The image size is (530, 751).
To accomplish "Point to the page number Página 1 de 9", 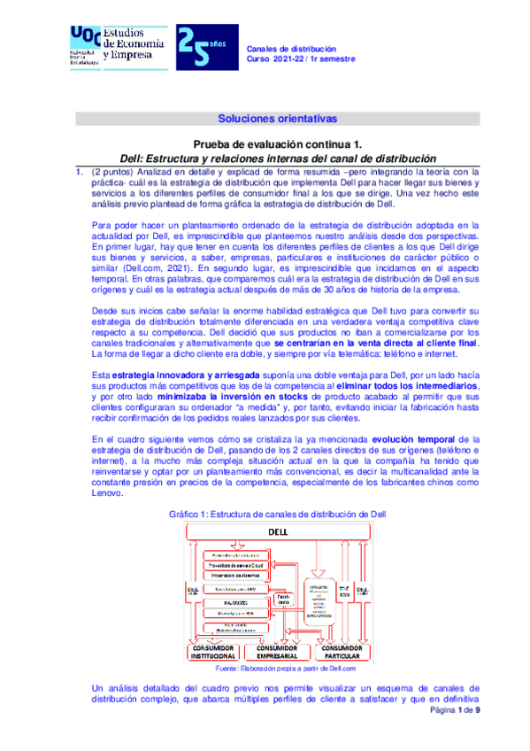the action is (455, 735).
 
